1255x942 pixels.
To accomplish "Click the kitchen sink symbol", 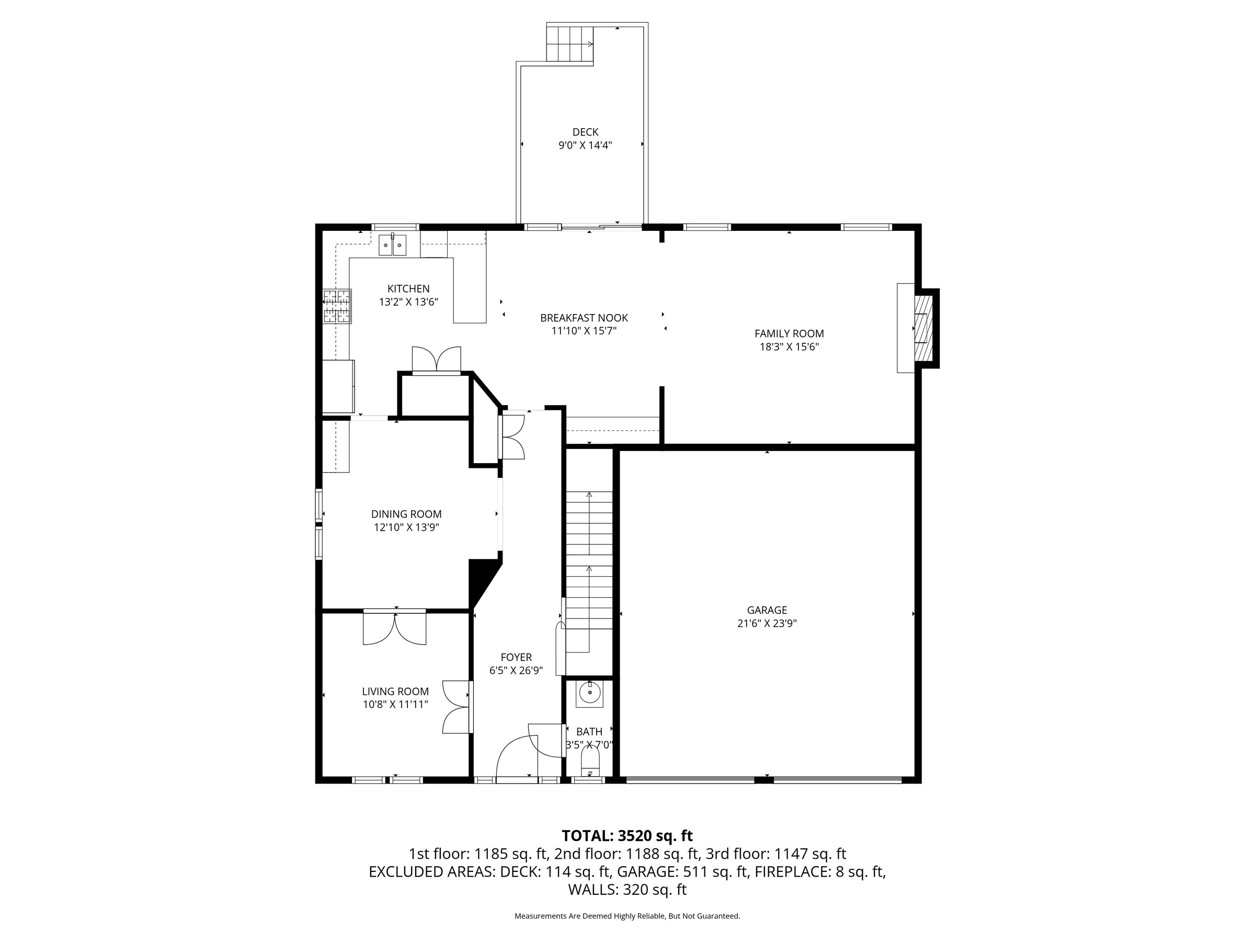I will (x=392, y=245).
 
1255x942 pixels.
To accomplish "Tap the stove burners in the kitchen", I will (x=337, y=306).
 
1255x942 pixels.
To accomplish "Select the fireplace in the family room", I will (x=923, y=328).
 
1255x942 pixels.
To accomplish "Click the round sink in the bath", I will (x=589, y=693).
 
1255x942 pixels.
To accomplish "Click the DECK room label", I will (x=585, y=132).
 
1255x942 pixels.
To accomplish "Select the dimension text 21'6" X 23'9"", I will (x=767, y=623).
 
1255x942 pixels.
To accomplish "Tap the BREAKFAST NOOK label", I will (x=584, y=318).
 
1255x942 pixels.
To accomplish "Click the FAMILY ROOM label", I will (x=789, y=334).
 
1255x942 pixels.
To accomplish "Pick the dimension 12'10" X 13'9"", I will (x=406, y=528).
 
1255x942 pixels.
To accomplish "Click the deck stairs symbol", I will (x=570, y=43).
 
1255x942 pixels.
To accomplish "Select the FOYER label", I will (x=516, y=657).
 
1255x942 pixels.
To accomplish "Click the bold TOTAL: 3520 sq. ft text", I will (x=627, y=836).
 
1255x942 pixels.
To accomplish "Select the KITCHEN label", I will (x=408, y=288).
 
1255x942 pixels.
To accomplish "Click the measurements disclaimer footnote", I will (x=627, y=916).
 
